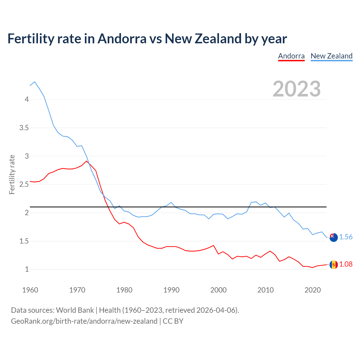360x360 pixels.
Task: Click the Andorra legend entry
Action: click(291, 56)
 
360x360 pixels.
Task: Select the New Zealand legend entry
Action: click(331, 56)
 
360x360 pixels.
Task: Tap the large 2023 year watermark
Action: click(297, 89)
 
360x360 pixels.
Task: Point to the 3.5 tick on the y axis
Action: click(24, 128)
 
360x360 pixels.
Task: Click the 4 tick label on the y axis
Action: click(27, 99)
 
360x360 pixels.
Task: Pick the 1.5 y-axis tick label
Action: click(24, 241)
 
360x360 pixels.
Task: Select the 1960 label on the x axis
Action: click(30, 290)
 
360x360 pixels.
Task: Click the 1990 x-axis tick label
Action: click(171, 290)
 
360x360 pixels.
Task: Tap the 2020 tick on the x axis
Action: click(312, 290)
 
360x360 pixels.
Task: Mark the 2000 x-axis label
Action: click(218, 290)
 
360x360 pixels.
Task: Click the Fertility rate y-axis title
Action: click(12, 174)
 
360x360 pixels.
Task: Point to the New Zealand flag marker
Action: click(334, 237)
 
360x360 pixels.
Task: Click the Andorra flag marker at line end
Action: click(334, 265)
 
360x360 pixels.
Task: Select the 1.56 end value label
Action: click(346, 237)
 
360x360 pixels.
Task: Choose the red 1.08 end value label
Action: click(346, 264)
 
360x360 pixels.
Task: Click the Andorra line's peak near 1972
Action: click(86, 161)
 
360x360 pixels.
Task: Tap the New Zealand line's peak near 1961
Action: click(35, 82)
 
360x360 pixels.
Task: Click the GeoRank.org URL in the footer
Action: click(84, 321)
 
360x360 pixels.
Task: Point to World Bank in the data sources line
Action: click(75, 310)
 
